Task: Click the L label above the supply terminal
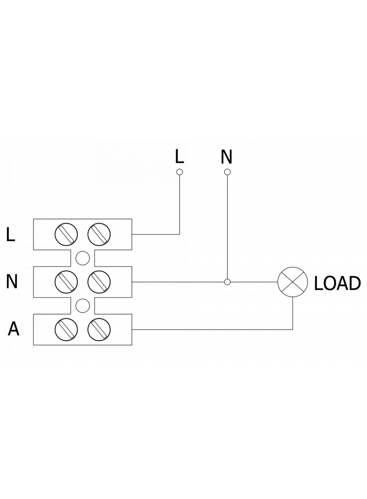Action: [179, 156]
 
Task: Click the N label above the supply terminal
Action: [227, 157]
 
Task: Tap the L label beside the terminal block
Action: [11, 235]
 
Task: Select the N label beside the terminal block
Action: [12, 282]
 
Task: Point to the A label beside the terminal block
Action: [14, 329]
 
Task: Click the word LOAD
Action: [337, 283]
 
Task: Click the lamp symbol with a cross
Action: [293, 282]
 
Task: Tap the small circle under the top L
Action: [179, 172]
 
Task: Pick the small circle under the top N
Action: [228, 172]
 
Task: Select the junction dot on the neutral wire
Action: [228, 282]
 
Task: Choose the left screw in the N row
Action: [66, 282]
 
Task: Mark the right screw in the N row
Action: [98, 282]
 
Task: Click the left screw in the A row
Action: [66, 330]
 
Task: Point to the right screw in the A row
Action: [98, 330]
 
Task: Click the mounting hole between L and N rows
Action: [82, 258]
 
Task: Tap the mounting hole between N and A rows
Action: [82, 306]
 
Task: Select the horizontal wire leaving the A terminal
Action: [211, 330]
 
